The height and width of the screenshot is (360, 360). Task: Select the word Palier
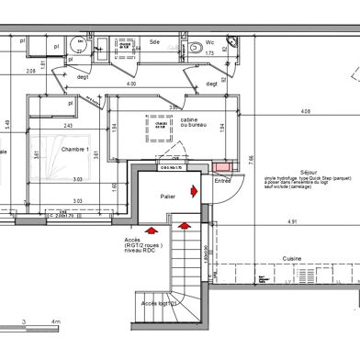pos(166,196)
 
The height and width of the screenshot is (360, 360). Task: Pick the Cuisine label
pos(293,258)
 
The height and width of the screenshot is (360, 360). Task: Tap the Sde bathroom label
pos(155,42)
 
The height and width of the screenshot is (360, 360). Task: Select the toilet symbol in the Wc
pos(196,49)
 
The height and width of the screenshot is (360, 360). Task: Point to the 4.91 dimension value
pos(292,221)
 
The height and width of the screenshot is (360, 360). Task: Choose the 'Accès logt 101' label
pos(158,302)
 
